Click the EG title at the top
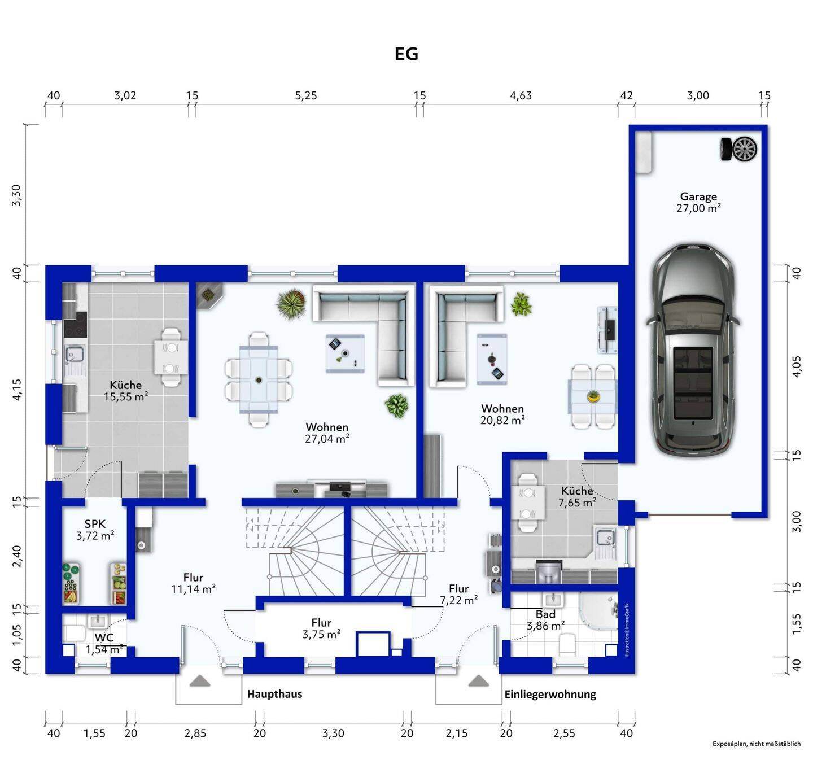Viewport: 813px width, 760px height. click(406, 54)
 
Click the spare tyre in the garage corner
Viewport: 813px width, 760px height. click(738, 149)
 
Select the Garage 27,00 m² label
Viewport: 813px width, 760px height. click(698, 203)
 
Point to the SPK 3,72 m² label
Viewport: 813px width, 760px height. click(95, 530)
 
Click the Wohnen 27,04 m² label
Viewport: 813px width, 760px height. click(327, 433)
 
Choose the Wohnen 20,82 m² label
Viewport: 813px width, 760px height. click(502, 414)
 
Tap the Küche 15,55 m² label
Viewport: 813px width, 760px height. click(126, 391)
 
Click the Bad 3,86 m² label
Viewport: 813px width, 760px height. click(545, 620)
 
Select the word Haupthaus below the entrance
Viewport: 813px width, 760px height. click(274, 694)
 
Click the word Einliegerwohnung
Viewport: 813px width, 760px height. click(550, 694)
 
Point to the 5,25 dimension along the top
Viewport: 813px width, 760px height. click(306, 95)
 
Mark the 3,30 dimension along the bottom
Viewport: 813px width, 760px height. click(333, 733)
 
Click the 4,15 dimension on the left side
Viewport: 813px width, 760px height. click(16, 390)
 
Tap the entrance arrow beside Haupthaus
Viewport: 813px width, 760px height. click(200, 680)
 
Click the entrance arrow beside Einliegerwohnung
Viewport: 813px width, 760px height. click(479, 680)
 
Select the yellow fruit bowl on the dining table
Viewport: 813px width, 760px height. click(592, 396)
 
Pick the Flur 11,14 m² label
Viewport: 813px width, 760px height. click(193, 583)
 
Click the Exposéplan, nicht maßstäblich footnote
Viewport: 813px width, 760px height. click(757, 744)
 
